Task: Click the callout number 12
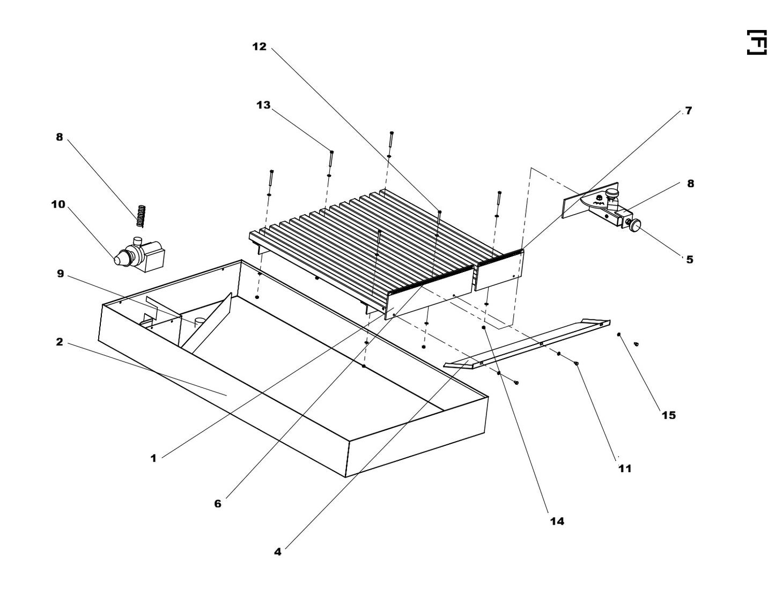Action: click(x=259, y=47)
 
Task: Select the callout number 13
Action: click(x=263, y=105)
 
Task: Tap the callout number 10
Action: click(x=58, y=204)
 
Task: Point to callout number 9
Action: click(x=60, y=274)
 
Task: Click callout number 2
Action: click(x=60, y=342)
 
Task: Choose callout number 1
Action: click(x=153, y=458)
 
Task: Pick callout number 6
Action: click(x=218, y=504)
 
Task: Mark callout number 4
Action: click(x=277, y=552)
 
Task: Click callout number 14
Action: click(x=557, y=521)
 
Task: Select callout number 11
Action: click(x=625, y=468)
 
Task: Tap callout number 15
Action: click(x=668, y=415)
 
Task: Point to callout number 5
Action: click(x=690, y=260)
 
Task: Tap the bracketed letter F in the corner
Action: click(x=756, y=42)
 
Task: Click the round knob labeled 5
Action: click(x=636, y=225)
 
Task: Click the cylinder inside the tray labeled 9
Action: click(x=200, y=322)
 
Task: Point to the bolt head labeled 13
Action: click(x=332, y=152)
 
